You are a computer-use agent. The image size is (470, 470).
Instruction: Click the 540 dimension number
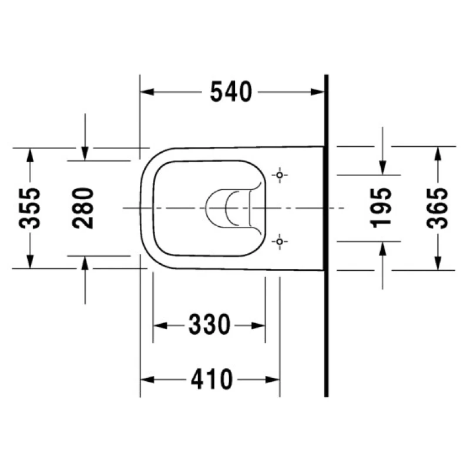tap(231, 92)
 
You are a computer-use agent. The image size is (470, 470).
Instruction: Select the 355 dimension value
tap(29, 209)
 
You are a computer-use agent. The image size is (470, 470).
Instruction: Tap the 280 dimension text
tap(83, 208)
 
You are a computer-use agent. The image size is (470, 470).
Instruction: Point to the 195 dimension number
tap(381, 208)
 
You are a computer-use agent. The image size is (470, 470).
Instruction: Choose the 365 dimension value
tap(437, 209)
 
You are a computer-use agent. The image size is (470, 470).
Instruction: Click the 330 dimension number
tap(209, 324)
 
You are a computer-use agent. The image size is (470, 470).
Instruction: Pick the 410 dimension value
tap(211, 379)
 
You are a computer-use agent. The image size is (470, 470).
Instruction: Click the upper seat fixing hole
tap(280, 174)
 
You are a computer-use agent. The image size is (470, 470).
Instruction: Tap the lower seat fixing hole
tap(280, 241)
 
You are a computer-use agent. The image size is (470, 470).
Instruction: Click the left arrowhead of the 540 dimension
tap(147, 92)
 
